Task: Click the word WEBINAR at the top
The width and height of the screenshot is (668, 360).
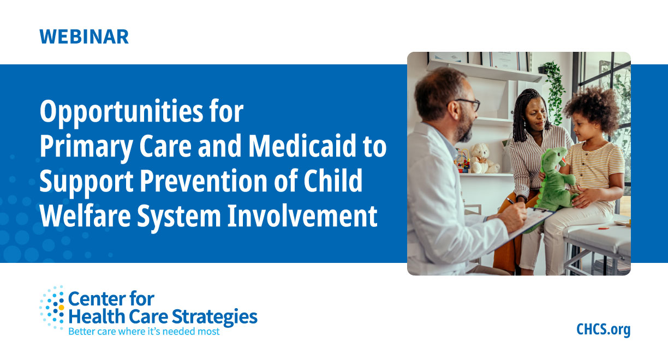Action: (84, 36)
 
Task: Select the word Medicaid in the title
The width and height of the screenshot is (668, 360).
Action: (306, 147)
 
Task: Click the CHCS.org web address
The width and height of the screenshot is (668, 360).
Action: (603, 329)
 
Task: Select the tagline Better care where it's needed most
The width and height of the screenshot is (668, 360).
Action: (144, 331)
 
